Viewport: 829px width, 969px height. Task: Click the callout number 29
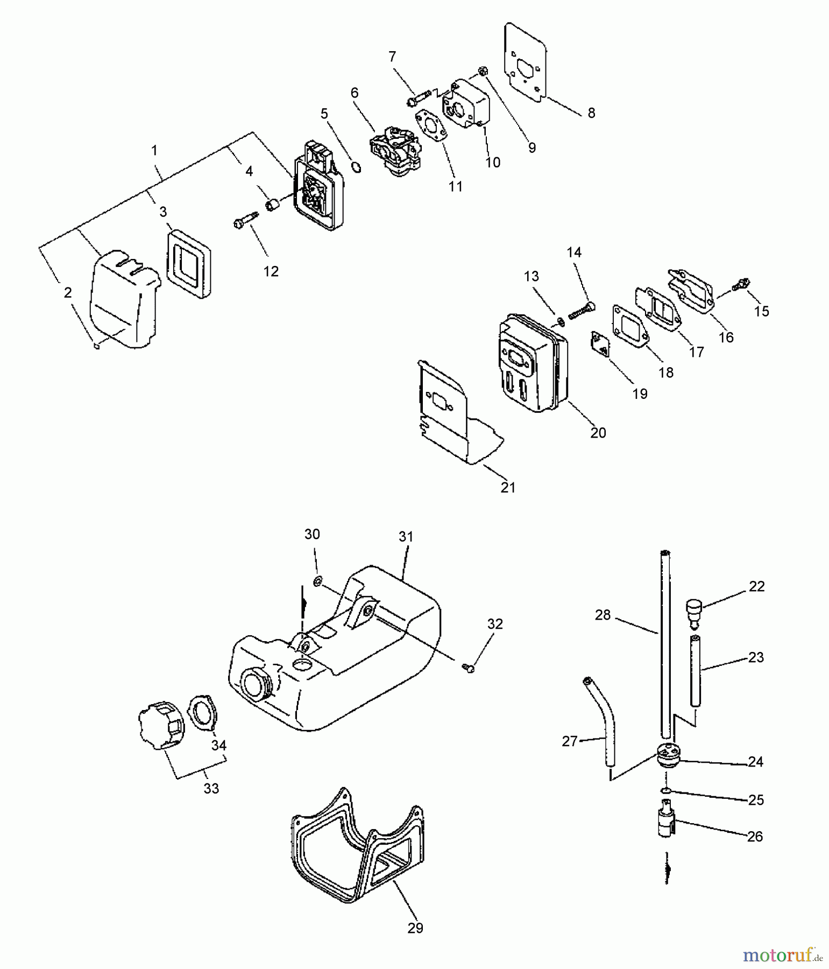click(415, 928)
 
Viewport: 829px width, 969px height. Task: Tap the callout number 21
click(508, 487)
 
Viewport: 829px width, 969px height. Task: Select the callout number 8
click(591, 113)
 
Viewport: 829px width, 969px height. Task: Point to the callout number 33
click(211, 788)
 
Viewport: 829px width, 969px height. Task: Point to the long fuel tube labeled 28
click(665, 646)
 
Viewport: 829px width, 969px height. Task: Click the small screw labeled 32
click(468, 668)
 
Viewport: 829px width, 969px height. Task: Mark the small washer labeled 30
click(317, 581)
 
